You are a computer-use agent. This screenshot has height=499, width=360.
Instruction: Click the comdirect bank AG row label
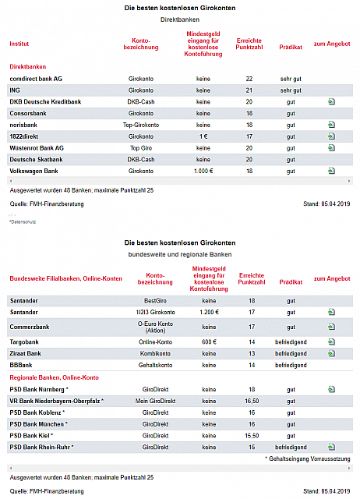pos(36,79)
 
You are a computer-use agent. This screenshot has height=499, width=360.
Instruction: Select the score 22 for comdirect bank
pos(249,79)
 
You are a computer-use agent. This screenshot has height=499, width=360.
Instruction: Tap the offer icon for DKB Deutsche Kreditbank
pos(331,102)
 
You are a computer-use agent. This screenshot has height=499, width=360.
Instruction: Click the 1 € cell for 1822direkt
pos(203,136)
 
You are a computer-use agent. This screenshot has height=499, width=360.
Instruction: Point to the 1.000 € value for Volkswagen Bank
pos(203,171)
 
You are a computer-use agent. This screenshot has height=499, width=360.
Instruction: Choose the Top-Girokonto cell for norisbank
pos(141,125)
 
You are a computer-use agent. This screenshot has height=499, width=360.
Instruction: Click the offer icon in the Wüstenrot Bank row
pos(331,148)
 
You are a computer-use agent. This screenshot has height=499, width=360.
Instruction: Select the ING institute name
pos(15,90)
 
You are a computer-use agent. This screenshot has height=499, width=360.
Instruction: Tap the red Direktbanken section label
pos(28,67)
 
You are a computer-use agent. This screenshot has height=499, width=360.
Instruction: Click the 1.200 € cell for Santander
pos(209,312)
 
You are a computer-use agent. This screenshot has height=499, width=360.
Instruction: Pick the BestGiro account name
pos(155,301)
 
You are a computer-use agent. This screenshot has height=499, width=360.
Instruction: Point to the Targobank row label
pos(24,342)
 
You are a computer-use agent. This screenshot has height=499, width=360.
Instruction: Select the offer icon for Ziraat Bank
pos(331,353)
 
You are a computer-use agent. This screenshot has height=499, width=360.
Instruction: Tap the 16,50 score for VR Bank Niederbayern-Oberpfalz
pos(252,401)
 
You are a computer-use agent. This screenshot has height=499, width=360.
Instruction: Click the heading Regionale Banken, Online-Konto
pos(54,377)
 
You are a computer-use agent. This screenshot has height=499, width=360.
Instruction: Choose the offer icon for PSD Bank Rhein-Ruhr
pos(331,447)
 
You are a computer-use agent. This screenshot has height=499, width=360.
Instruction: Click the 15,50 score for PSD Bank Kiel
pos(252,436)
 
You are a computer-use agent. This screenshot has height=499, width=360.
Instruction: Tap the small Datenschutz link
pos(23,221)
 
